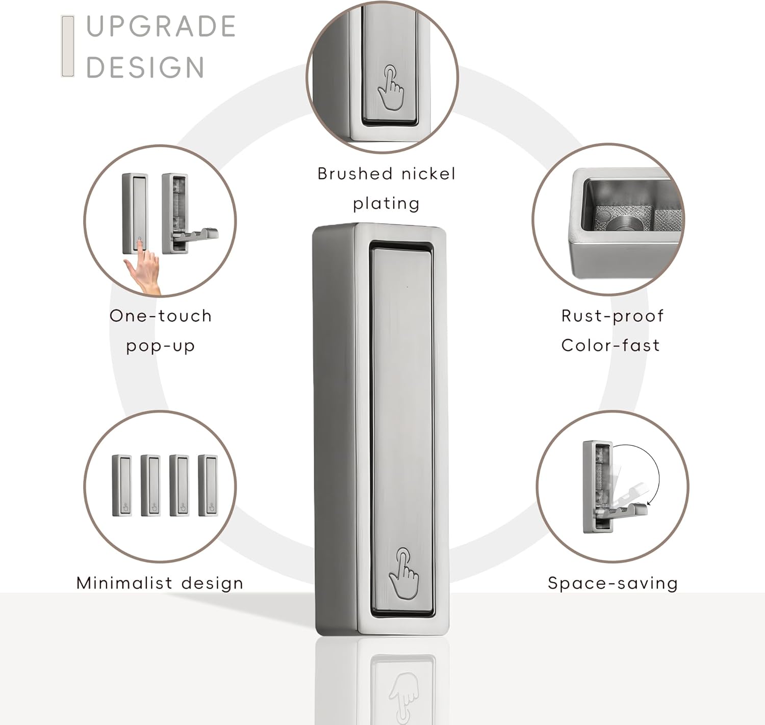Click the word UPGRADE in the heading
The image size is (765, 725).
coord(161,26)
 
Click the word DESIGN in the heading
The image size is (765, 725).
coord(145,67)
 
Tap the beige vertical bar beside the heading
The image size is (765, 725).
coord(68,46)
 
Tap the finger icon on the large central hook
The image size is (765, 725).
coord(403,574)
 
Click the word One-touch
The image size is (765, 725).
coord(161,316)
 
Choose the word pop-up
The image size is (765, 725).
coord(160,346)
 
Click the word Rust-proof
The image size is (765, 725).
coord(613,316)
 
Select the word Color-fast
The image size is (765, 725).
coord(610,345)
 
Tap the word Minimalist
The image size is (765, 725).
coord(124,583)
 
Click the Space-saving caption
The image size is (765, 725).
coord(613,584)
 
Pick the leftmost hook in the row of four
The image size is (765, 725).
coord(122,486)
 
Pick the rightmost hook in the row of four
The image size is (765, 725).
coord(208,486)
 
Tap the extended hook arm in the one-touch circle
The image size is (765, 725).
coord(196,235)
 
